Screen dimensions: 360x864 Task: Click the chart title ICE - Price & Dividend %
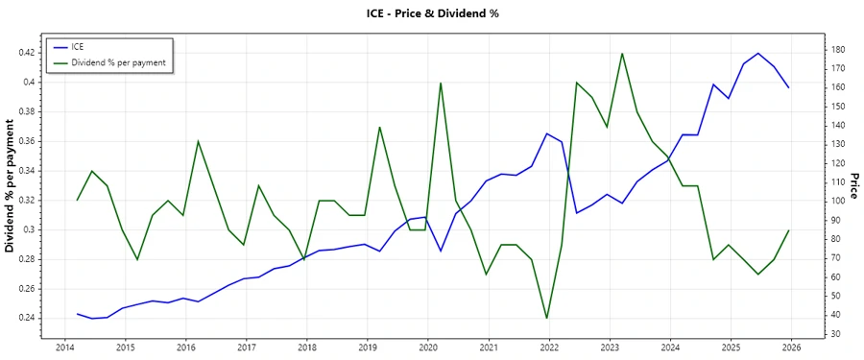coord(431,13)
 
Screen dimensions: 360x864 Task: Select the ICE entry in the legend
coord(79,46)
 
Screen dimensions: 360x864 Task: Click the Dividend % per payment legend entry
coord(119,61)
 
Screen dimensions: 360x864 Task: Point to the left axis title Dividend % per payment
coord(11,186)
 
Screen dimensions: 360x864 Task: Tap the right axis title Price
coord(852,186)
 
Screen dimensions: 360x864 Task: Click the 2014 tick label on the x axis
coord(64,348)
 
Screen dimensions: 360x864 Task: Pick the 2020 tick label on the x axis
coord(428,348)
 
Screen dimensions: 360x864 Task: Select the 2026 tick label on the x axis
coord(792,348)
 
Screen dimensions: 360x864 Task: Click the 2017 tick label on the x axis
coord(246,348)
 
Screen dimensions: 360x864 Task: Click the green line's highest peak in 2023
coord(622,53)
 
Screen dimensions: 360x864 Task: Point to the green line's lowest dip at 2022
coord(546,318)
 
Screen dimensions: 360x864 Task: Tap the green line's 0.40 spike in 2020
coord(441,83)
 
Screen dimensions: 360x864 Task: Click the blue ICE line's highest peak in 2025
coord(758,53)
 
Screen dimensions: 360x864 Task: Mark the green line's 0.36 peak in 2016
coord(198,141)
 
